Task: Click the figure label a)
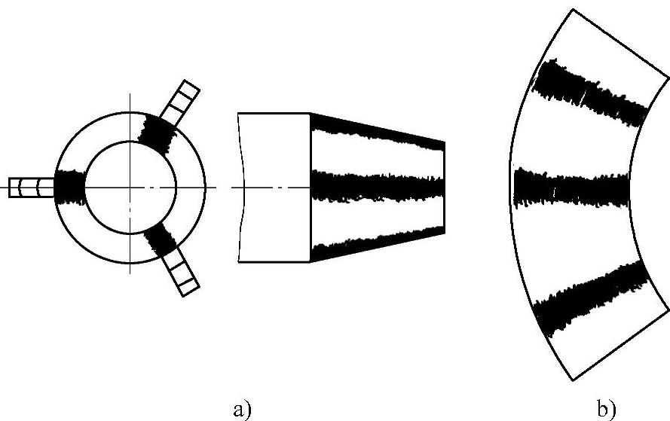(x=241, y=409)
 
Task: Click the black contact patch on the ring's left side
(x=69, y=186)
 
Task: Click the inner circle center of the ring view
(x=130, y=186)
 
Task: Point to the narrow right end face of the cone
(x=443, y=185)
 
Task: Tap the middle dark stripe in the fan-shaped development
(x=571, y=187)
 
